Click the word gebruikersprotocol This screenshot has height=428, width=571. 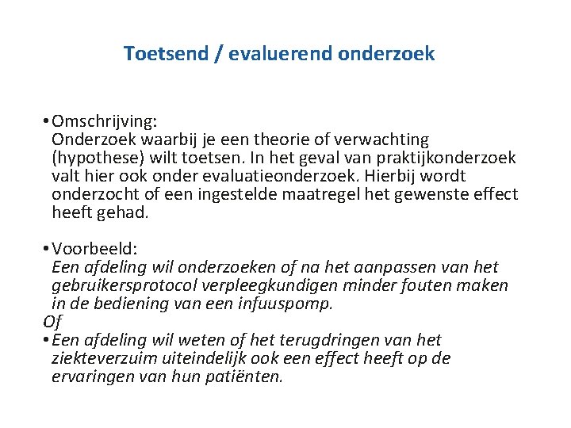tap(129, 285)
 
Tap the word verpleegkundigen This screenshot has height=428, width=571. tap(282, 285)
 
